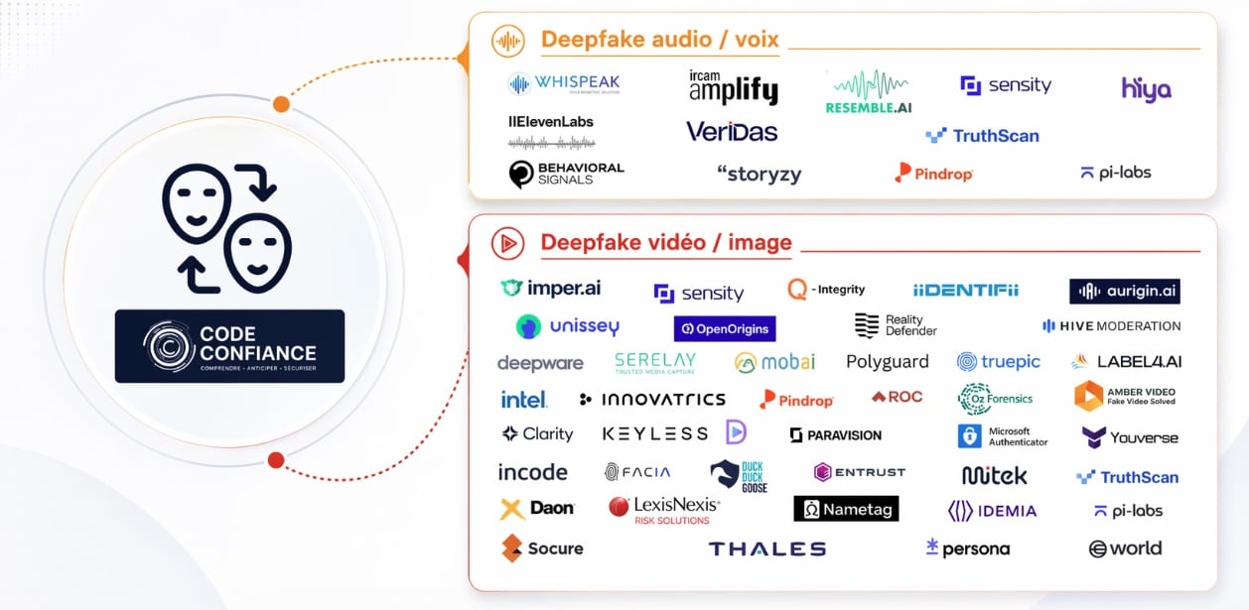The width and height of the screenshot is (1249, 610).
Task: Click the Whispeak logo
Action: [x=563, y=84]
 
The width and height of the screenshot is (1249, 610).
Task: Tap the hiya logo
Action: [x=1146, y=89]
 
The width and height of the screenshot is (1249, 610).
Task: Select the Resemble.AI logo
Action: [x=868, y=92]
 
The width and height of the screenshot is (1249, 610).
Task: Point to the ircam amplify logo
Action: [x=733, y=87]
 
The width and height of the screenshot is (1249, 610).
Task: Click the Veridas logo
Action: [x=732, y=132]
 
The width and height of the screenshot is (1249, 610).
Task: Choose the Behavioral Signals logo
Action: [x=566, y=174]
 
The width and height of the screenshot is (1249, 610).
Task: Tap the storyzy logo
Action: [x=759, y=175]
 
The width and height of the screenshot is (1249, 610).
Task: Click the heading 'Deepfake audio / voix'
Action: [x=659, y=41]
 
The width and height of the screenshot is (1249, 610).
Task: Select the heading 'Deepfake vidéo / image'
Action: [x=665, y=242]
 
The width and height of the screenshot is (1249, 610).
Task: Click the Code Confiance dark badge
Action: [x=229, y=346]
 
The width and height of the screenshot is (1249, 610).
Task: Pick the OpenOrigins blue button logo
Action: [x=725, y=328]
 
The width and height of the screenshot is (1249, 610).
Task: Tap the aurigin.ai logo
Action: [x=1125, y=291]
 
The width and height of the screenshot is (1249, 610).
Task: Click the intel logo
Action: [x=523, y=400]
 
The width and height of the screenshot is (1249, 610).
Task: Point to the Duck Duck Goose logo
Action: [x=739, y=476]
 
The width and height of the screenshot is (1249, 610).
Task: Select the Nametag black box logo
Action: [x=846, y=509]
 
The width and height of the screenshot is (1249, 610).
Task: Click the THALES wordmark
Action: [x=766, y=549]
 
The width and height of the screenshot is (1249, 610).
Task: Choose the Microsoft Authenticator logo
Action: [x=1004, y=436]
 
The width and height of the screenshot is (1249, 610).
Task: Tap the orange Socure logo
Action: [x=542, y=549]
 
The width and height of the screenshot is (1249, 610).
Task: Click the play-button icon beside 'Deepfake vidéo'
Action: [x=507, y=243]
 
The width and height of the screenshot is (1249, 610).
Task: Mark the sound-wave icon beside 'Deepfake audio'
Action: [x=508, y=41]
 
